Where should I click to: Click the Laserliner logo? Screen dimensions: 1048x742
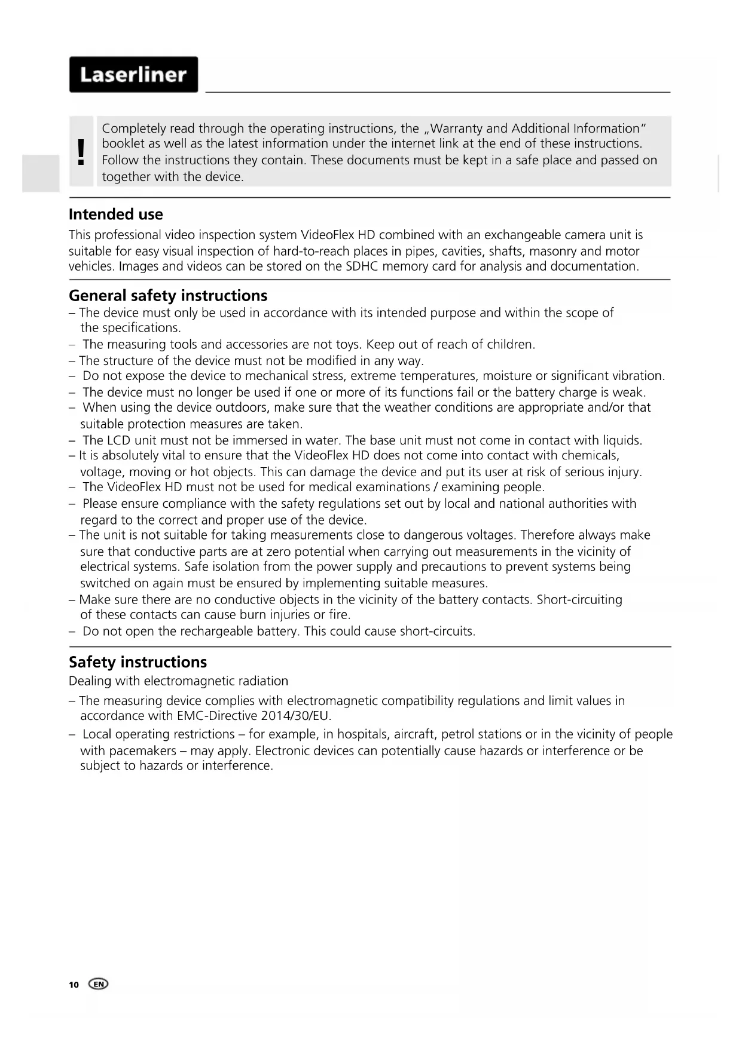[x=133, y=75]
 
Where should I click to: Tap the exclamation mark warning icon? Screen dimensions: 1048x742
[x=81, y=152]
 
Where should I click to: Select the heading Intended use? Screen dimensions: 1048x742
[x=115, y=214]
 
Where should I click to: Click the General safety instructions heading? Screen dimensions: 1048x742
[x=168, y=296]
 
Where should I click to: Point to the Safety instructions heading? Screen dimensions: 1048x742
[x=138, y=662]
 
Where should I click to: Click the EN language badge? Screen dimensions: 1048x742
[x=99, y=984]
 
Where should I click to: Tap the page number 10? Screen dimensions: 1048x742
[x=74, y=985]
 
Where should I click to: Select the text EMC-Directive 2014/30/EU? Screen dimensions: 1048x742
[x=254, y=716]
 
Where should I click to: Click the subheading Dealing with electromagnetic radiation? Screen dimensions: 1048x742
[x=178, y=681]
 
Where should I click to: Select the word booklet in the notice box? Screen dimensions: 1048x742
[x=123, y=143]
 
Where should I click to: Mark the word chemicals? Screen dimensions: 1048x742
[x=590, y=455]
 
